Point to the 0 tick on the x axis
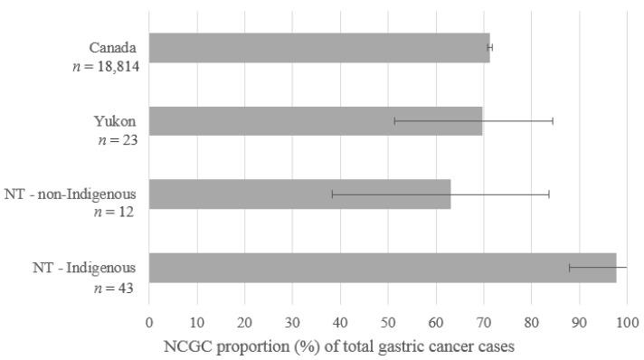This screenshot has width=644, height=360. pyautogui.click(x=149, y=319)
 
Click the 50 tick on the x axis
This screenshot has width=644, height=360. pyautogui.click(x=388, y=319)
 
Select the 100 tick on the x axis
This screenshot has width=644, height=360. pyautogui.click(x=627, y=319)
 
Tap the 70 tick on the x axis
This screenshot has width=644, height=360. pyautogui.click(x=484, y=319)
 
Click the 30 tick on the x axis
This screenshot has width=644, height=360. pyautogui.click(x=292, y=319)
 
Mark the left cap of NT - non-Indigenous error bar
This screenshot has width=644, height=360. pyautogui.click(x=332, y=194)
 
